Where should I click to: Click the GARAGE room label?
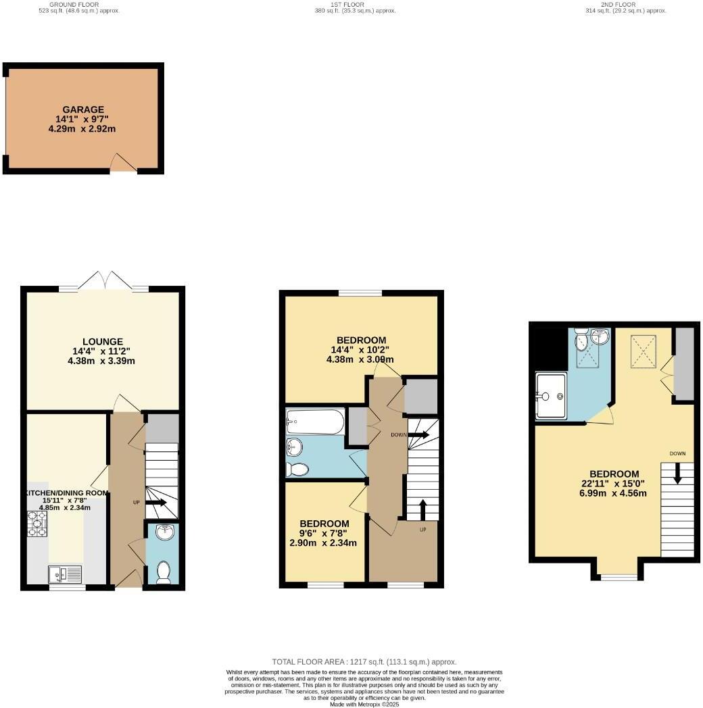click(83, 109)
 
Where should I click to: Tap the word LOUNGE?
click(103, 341)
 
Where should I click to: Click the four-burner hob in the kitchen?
click(38, 524)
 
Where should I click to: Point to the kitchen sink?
click(65, 574)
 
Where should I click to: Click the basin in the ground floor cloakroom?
click(163, 534)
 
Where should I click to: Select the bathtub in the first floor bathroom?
click(315, 422)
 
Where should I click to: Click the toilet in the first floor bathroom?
click(297, 469)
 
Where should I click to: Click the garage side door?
click(123, 163)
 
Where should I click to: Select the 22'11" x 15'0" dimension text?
click(614, 483)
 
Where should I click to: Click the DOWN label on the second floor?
click(678, 453)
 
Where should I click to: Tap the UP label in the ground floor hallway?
click(137, 503)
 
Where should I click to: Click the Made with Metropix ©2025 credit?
click(364, 704)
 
